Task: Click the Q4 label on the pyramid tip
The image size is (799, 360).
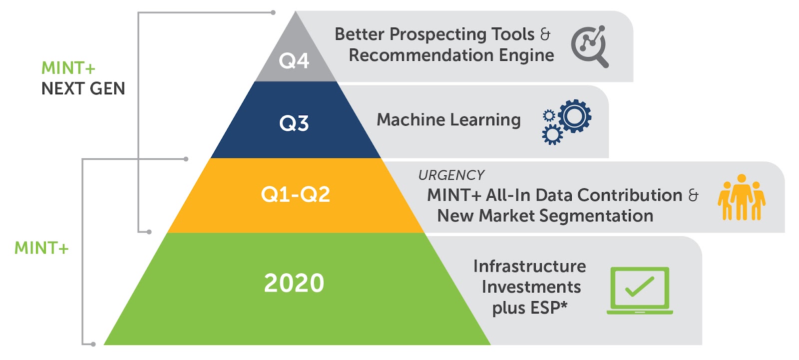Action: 294,60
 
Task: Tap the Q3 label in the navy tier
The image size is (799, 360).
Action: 294,123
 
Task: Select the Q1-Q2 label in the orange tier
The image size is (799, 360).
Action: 295,195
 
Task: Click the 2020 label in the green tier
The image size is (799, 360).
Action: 294,283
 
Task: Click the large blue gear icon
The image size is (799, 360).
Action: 575,116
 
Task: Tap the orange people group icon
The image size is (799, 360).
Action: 742,197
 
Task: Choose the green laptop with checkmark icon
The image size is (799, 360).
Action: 640,291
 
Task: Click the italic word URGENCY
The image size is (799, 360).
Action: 451,175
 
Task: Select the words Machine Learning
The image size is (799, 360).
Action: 449,120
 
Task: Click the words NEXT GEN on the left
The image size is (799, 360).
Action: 83,88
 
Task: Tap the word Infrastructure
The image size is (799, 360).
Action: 530,266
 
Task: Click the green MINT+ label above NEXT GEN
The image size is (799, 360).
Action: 68,68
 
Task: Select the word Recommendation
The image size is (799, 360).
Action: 421,55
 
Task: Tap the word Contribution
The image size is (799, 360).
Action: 630,195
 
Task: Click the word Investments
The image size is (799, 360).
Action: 531,287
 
